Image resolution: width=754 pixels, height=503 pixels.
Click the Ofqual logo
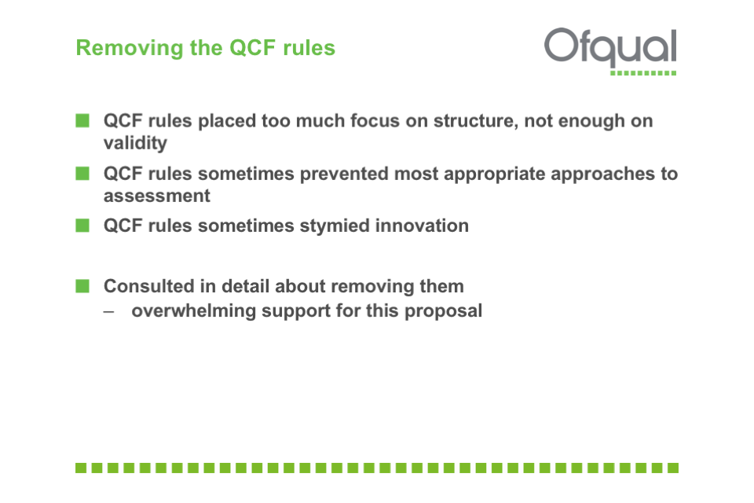[610, 50]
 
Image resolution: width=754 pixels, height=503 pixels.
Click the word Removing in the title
[130, 48]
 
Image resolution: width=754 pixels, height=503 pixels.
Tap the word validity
[135, 143]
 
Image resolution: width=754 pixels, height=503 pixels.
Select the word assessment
[157, 196]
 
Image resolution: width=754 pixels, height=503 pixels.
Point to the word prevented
[344, 174]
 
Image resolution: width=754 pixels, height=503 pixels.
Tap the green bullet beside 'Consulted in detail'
[82, 286]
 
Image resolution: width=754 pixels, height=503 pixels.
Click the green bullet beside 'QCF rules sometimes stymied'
[82, 226]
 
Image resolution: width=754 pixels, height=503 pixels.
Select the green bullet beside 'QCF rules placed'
[82, 120]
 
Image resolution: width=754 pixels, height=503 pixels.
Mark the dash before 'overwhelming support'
[109, 312]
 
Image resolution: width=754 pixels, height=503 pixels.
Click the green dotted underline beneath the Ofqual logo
[643, 73]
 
